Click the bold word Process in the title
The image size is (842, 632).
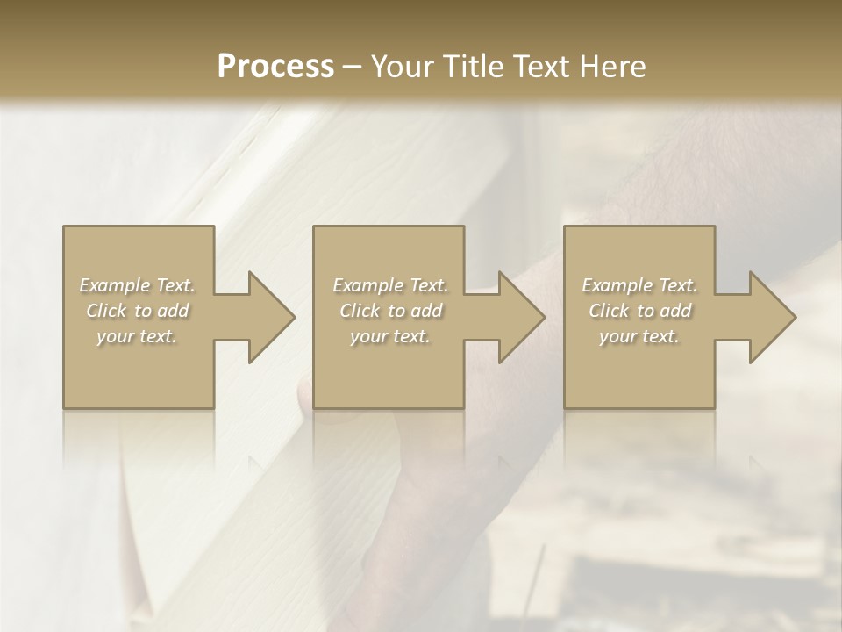tap(275, 67)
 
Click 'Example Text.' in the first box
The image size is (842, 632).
tap(138, 285)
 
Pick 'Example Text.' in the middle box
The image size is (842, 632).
tap(390, 285)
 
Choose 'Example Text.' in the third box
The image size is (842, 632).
tap(639, 285)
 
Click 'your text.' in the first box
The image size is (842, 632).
tap(138, 336)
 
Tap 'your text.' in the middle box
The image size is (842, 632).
tap(390, 336)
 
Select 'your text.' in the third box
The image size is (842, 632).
tap(639, 336)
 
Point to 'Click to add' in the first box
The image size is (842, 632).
tap(138, 311)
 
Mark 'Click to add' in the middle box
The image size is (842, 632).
tap(390, 311)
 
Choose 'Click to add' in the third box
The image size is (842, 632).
tap(639, 311)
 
